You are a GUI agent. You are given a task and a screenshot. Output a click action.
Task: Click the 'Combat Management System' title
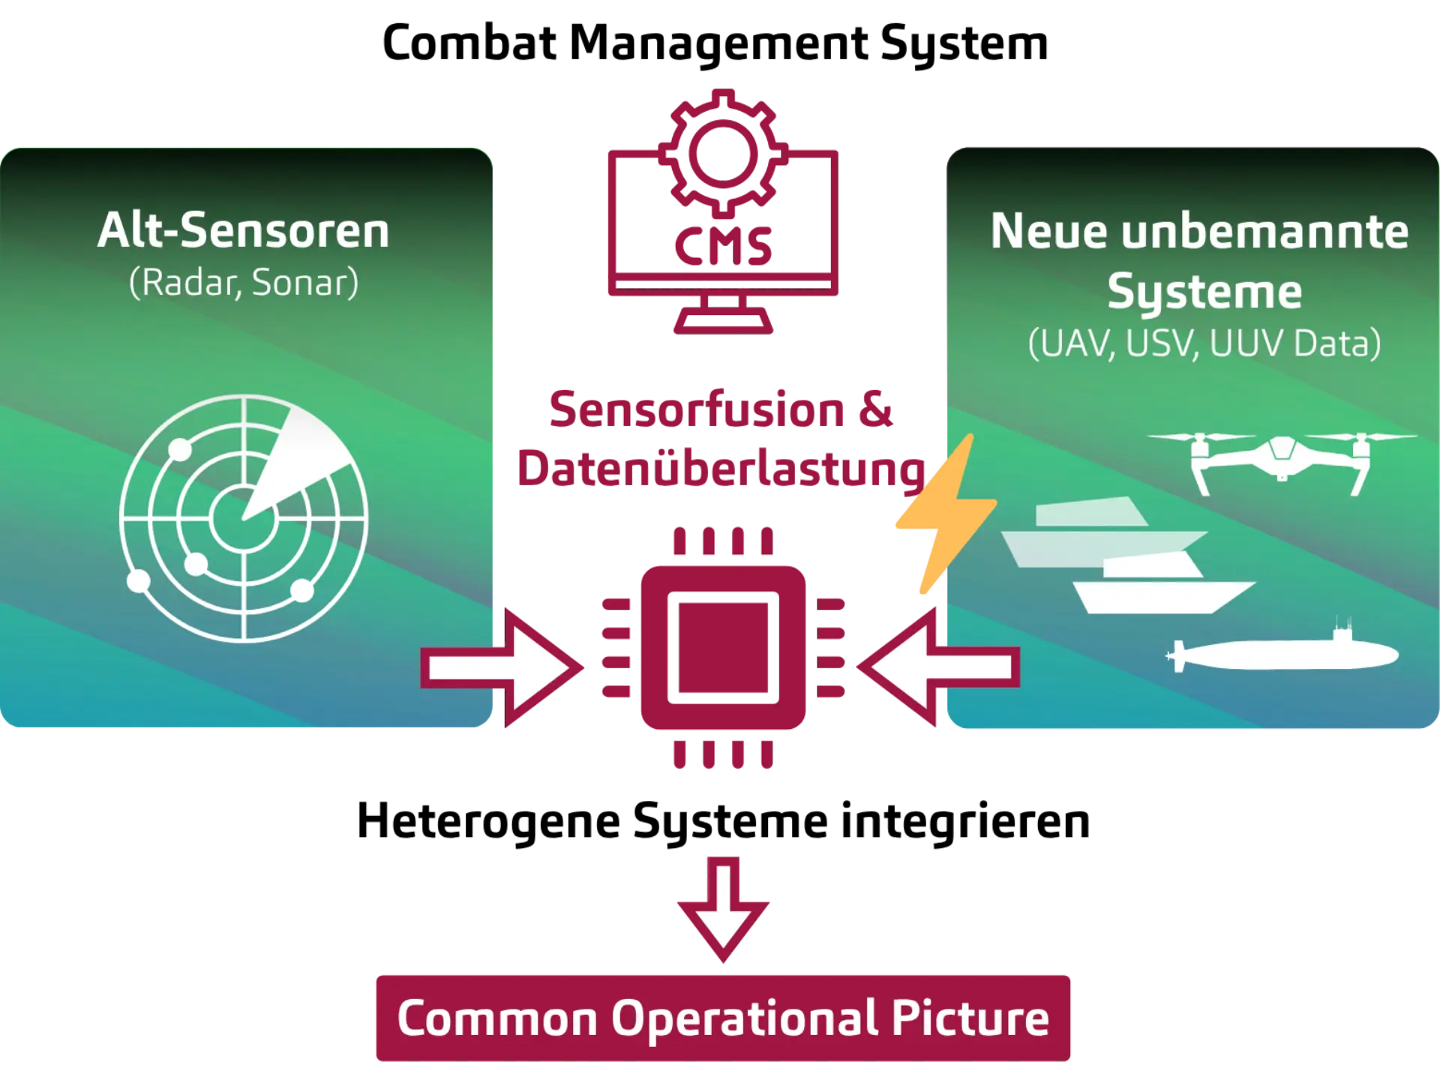(x=715, y=43)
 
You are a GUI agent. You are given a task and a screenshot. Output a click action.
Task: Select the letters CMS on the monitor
(x=723, y=247)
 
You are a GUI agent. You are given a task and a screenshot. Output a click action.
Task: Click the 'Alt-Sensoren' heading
(x=244, y=230)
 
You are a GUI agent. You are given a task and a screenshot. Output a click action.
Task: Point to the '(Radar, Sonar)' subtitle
(x=244, y=283)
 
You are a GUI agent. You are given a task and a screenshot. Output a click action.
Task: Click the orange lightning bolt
(x=946, y=513)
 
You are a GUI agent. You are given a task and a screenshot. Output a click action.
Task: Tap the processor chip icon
(x=723, y=647)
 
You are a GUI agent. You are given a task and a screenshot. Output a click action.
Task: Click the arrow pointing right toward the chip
(x=501, y=667)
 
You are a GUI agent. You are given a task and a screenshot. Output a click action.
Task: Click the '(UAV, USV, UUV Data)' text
(x=1204, y=344)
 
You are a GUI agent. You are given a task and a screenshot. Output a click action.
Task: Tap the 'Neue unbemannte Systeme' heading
(x=1200, y=260)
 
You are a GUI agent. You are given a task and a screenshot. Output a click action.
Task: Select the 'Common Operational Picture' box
(x=723, y=1018)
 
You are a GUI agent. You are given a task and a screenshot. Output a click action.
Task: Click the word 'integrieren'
(x=965, y=821)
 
